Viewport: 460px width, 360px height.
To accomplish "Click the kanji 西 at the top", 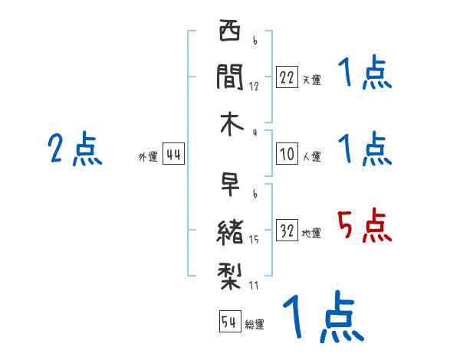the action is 229,34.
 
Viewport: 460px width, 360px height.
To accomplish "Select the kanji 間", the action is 229,77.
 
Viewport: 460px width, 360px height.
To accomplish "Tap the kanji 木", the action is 229,123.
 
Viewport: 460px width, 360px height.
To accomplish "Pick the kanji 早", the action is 230,185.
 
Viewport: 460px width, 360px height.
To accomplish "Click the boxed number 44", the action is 173,155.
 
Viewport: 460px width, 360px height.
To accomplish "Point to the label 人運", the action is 311,156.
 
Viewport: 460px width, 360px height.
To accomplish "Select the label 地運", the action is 311,233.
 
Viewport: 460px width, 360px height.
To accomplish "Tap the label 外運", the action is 147,156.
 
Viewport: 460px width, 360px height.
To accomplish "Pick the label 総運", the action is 255,324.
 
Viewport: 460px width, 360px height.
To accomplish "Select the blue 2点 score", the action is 75,149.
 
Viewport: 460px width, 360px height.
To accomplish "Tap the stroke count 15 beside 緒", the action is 254,241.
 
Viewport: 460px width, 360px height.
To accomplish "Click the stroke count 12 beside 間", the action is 254,86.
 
